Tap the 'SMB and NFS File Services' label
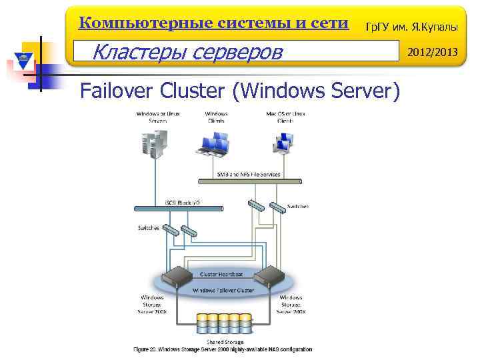pyautogui.click(x=249, y=174)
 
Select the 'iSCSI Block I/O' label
pyautogui.click(x=179, y=202)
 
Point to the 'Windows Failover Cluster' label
pyautogui.click(x=223, y=290)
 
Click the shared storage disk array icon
pyautogui.click(x=224, y=323)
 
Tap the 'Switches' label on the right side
pyautogui.click(x=297, y=206)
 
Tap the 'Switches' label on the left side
pyautogui.click(x=149, y=227)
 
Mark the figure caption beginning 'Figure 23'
pyautogui.click(x=222, y=349)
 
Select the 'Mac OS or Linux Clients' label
pyautogui.click(x=285, y=117)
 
